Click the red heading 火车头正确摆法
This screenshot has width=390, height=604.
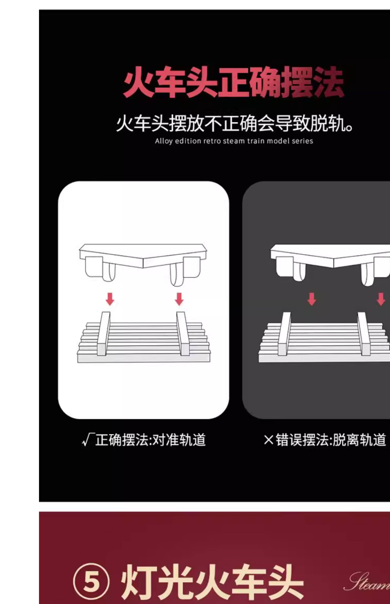[x=234, y=82]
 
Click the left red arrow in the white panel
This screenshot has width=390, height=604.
[x=110, y=299]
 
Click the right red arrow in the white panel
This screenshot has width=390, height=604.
[x=179, y=299]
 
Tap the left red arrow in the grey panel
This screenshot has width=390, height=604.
[x=312, y=299]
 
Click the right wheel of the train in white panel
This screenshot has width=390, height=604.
[x=176, y=275]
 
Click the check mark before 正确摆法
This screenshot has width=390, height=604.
[x=88, y=440]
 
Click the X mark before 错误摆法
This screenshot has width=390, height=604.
[x=268, y=440]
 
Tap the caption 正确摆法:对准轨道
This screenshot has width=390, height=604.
[x=150, y=440]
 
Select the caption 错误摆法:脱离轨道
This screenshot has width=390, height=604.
[x=331, y=440]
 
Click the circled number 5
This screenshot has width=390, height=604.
[x=91, y=582]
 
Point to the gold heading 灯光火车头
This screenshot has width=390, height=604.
[x=212, y=582]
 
